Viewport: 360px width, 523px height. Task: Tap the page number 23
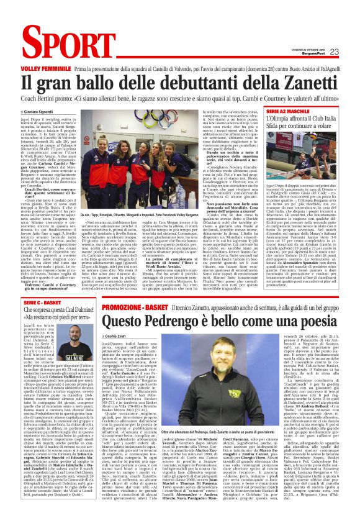[x=334, y=52]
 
